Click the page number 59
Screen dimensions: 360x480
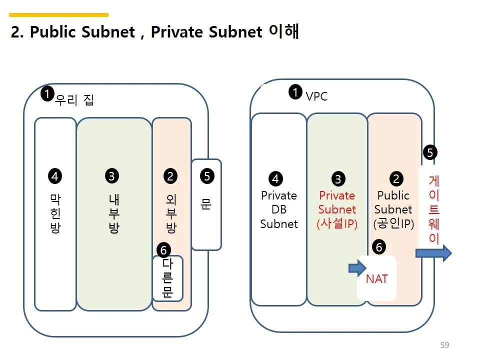444,345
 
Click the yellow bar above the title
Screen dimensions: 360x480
59,15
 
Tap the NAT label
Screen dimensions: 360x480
376,279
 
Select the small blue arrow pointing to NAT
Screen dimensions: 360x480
357,268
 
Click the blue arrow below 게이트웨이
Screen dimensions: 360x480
433,253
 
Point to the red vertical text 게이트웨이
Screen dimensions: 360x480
434,209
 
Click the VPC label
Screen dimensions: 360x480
316,96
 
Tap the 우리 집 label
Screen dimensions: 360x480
74,100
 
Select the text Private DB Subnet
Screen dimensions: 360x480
279,209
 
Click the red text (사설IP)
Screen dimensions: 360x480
337,224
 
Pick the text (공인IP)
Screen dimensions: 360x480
393,224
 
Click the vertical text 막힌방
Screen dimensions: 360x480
55,214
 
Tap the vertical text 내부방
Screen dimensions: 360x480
113,214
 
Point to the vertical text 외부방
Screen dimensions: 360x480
171,214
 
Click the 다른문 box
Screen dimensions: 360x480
167,278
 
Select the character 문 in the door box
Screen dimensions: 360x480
206,204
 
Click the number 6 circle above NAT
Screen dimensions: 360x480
379,246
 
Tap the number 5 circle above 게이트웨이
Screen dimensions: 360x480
429,152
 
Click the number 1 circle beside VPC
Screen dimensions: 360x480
295,92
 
